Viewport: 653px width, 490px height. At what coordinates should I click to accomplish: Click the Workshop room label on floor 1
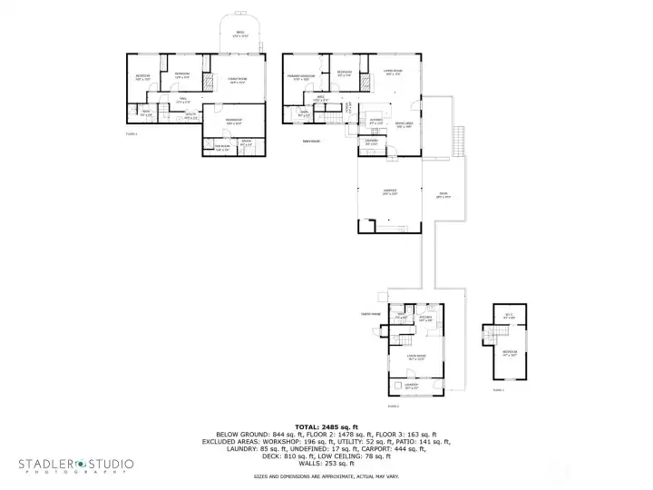pyautogui.click(x=233, y=121)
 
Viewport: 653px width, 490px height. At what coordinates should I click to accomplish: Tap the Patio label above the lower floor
pyautogui.click(x=239, y=34)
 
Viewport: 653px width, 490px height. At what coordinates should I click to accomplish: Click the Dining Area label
pyautogui.click(x=404, y=125)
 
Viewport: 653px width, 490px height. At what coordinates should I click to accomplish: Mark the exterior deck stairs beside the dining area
pyautogui.click(x=458, y=142)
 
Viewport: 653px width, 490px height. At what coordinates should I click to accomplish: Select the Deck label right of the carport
pyautogui.click(x=443, y=195)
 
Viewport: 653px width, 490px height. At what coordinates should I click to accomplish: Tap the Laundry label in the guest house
pyautogui.click(x=411, y=387)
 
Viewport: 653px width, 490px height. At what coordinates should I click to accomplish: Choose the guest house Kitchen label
pyautogui.click(x=424, y=318)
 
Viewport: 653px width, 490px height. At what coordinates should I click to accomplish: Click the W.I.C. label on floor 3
pyautogui.click(x=509, y=317)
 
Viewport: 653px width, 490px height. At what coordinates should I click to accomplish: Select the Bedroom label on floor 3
pyautogui.click(x=509, y=352)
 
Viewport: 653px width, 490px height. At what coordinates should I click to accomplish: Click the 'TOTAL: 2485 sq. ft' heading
pyautogui.click(x=326, y=426)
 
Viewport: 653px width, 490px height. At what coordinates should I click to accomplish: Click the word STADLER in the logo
pyautogui.click(x=50, y=464)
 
